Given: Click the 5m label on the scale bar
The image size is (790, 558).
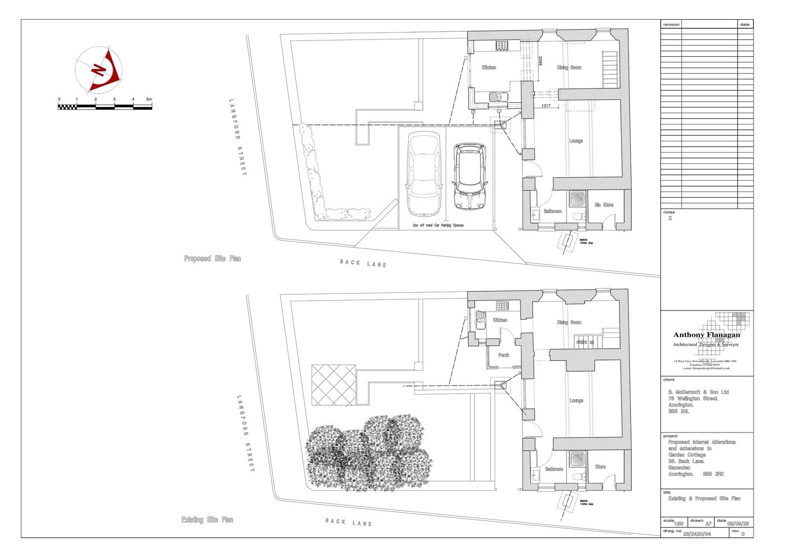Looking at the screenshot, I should pos(149,99).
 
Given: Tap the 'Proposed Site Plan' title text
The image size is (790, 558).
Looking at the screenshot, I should pos(212,258).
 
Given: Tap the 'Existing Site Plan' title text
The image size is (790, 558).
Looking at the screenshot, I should pos(207,520).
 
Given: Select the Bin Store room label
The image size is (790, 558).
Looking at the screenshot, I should pos(604,204).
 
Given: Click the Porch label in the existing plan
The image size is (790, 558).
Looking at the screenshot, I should pos(504,355).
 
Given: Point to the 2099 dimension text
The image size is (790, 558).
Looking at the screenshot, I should pos(540,62).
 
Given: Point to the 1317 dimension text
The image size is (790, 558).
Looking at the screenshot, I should pos(546,106).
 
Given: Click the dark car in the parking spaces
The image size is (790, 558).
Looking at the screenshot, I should pos(470,175).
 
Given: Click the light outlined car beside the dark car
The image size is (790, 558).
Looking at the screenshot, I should pos(424,175).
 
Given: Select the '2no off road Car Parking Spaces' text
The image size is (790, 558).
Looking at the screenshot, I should pos(438,225).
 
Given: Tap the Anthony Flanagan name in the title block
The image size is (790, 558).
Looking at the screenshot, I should pos(707,335).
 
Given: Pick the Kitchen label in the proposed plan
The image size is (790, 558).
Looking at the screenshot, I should pos(489,68).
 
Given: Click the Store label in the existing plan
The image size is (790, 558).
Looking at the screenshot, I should pos(600,466).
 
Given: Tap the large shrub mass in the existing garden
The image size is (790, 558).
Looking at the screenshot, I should pos(368,454).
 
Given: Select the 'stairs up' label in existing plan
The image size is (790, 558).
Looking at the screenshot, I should pos(585,342).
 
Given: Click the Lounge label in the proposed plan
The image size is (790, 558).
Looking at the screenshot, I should pos(576,141).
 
